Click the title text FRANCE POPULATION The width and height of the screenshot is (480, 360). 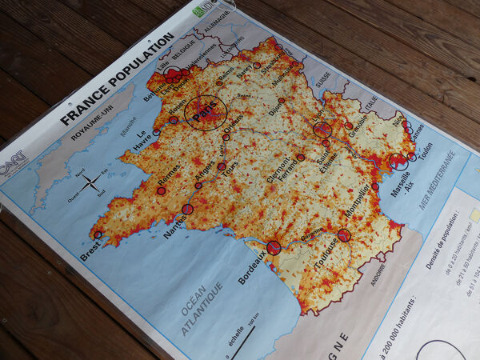click(x=118, y=78)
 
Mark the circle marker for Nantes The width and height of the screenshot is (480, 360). click(x=187, y=210)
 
